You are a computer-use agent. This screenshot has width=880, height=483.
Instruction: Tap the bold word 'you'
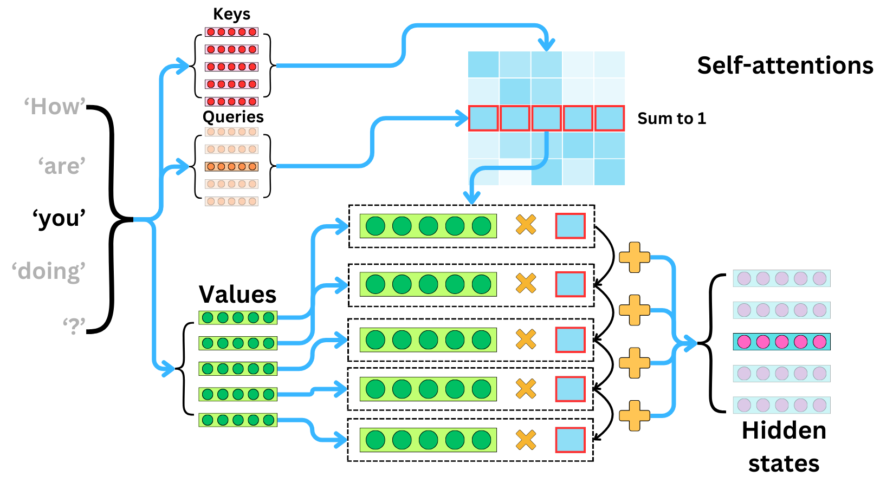pos(59,218)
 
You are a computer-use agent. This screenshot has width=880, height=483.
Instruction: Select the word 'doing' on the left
pos(49,271)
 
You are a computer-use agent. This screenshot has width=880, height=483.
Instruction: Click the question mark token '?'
pos(74,326)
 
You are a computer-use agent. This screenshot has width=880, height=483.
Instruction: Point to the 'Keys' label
pos(231,14)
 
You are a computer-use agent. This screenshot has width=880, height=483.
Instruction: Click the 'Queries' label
pos(233,117)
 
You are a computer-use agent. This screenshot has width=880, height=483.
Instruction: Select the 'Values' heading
pos(237,295)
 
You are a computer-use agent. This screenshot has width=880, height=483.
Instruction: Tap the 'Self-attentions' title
pos(785,66)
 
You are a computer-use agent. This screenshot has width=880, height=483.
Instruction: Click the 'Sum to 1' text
pos(671,119)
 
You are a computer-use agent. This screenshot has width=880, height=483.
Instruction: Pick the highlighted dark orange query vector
pos(231,166)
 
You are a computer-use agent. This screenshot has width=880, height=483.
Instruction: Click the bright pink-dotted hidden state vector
pos(781,342)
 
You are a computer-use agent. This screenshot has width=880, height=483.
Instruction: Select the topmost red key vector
pos(231,32)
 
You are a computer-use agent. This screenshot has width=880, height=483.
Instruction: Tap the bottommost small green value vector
pos(238,420)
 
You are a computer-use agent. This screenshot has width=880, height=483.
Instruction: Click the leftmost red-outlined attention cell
pos(483,118)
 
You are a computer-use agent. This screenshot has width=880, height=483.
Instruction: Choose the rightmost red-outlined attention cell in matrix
pos(610,118)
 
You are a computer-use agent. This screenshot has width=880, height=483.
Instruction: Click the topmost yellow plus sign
pos(634,257)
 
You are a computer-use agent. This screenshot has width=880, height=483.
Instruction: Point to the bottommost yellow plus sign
pos(634,415)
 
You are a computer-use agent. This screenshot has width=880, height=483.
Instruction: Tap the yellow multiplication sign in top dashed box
pos(526,224)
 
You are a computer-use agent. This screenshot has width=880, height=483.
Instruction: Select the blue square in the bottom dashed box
pos(570,440)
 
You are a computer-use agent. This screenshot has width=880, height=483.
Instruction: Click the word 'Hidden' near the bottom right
pos(784,431)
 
